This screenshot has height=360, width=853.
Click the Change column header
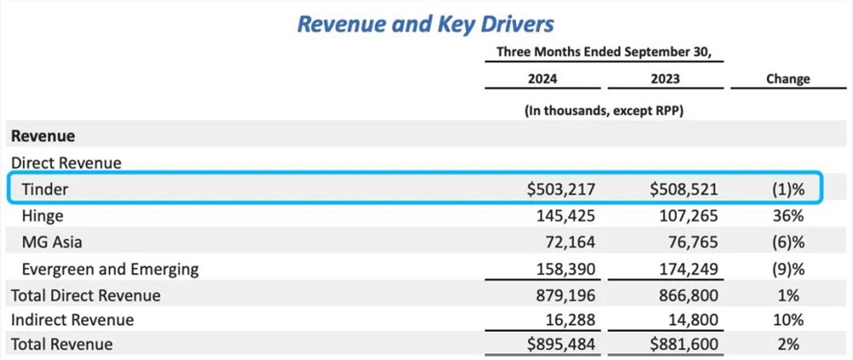(x=787, y=78)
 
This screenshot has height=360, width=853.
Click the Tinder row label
(x=46, y=189)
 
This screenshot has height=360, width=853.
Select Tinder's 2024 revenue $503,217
(x=556, y=189)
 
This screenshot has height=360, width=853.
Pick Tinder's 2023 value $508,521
(x=678, y=189)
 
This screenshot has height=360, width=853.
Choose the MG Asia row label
(x=53, y=242)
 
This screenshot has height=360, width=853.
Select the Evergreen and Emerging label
(x=111, y=269)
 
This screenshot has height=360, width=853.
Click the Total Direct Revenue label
(x=85, y=295)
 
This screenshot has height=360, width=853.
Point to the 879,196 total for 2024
(x=563, y=295)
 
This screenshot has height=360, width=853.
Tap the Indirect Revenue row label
(x=72, y=320)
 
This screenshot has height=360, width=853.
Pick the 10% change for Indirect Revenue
(x=790, y=320)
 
